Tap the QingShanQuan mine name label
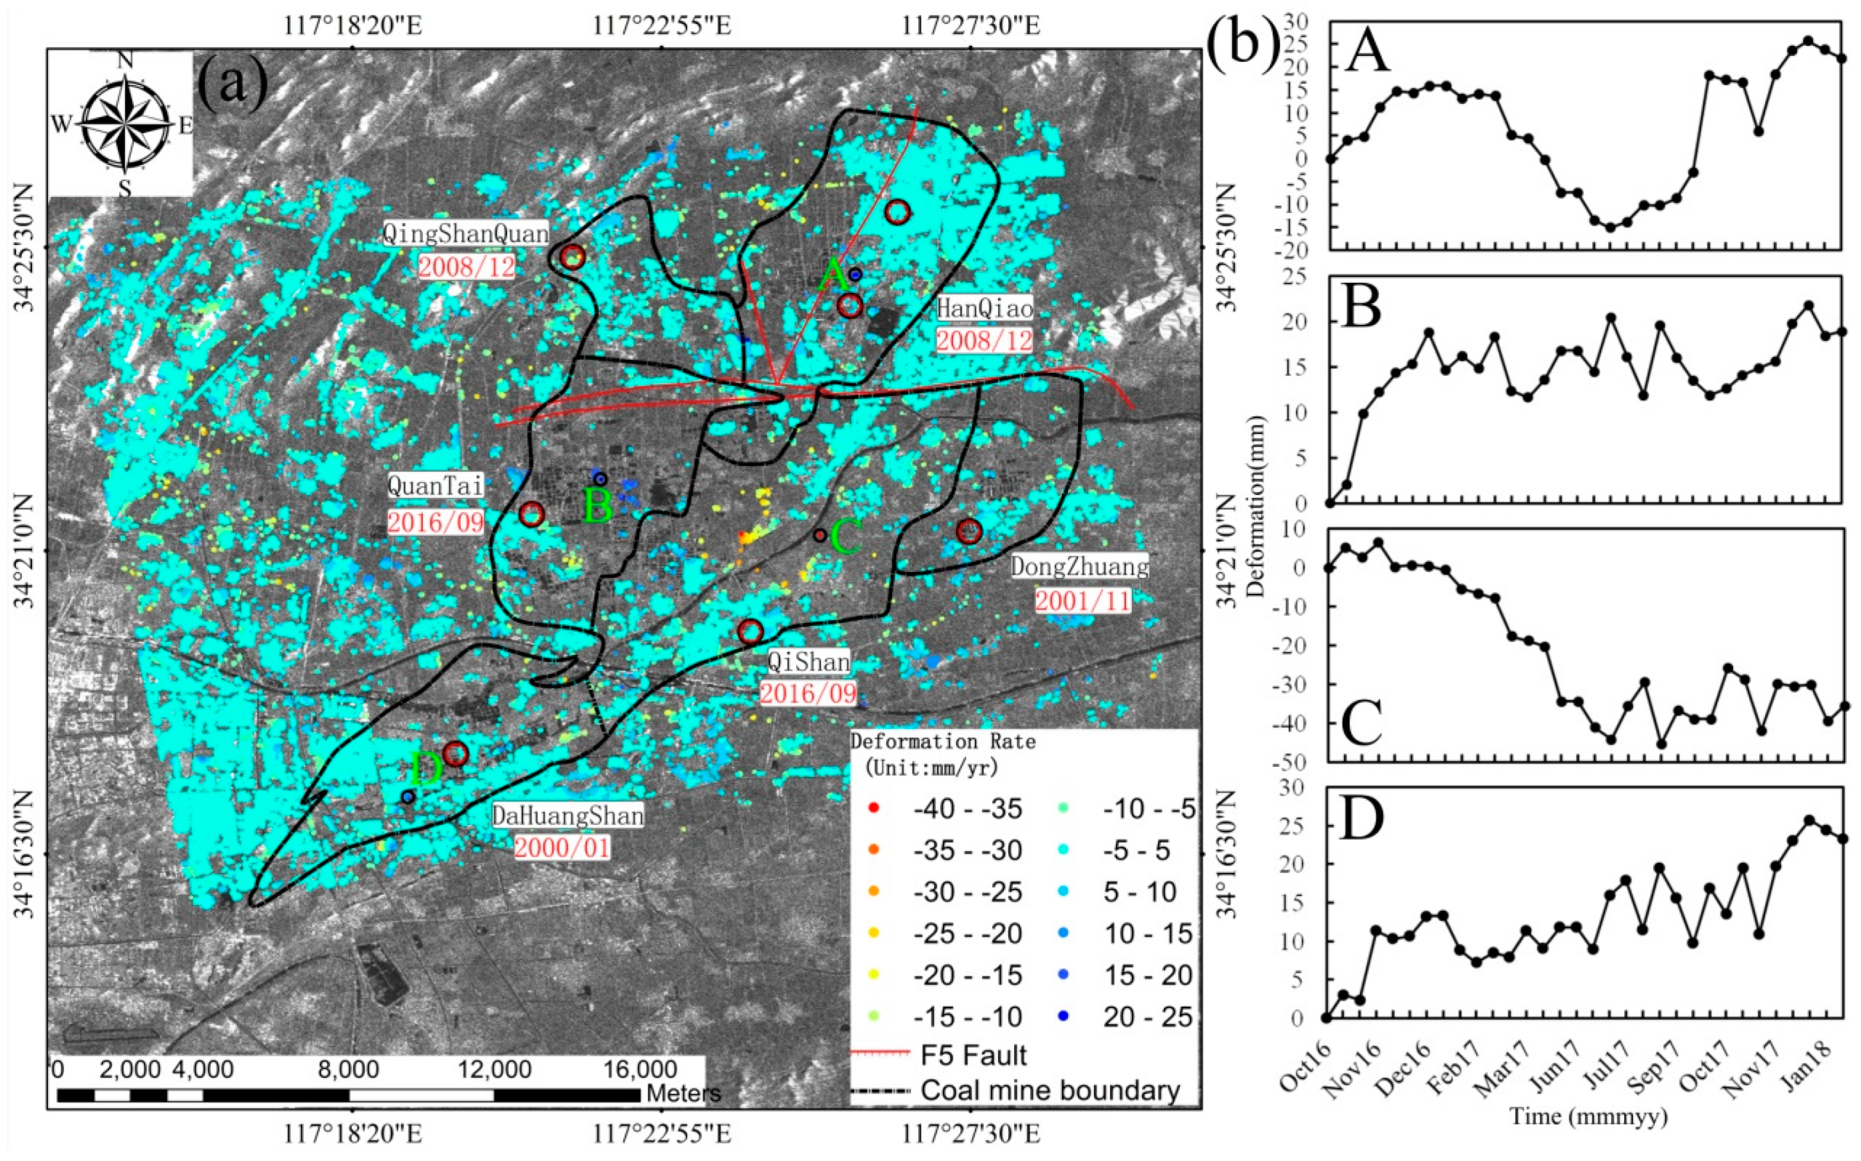click(465, 234)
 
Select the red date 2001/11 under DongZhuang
click(1083, 600)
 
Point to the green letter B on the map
click(599, 507)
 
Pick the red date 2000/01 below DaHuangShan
click(562, 847)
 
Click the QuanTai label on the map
click(435, 486)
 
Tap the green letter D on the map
click(426, 769)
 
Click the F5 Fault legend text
click(973, 1056)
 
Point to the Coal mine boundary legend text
click(1050, 1090)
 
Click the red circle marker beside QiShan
click(750, 631)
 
